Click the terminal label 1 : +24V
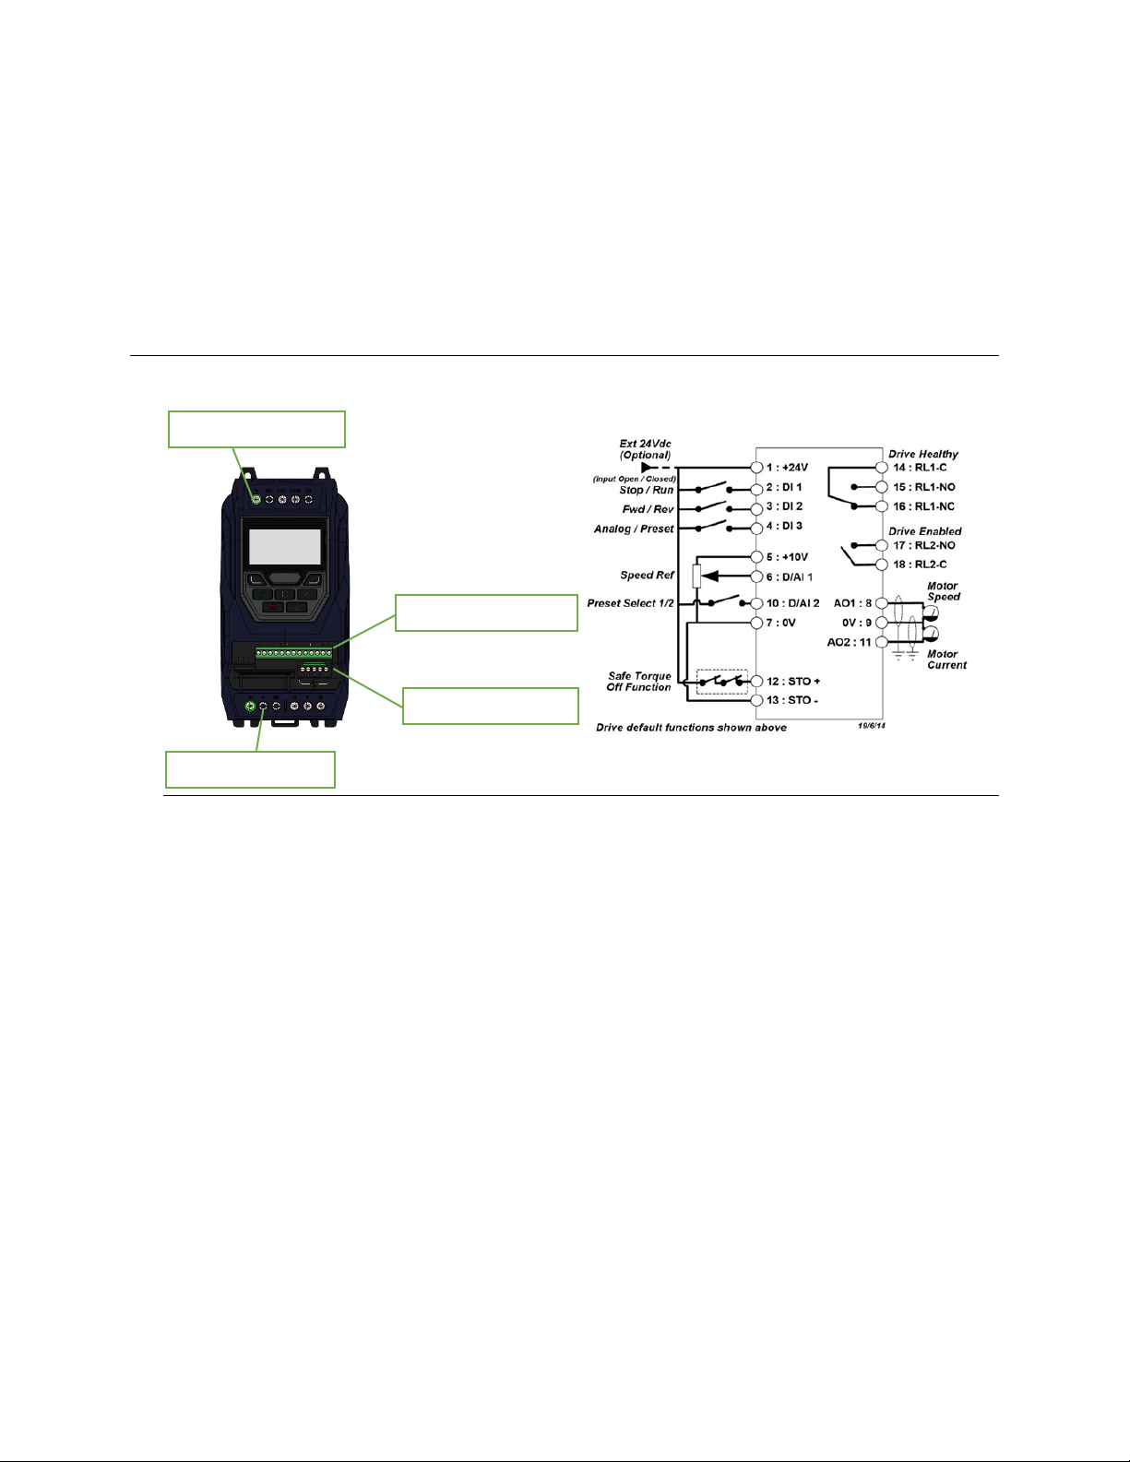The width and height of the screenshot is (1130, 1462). [787, 468]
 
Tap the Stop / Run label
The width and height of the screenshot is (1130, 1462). [647, 490]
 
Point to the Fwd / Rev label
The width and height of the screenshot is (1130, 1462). [648, 509]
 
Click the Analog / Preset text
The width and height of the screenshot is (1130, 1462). [634, 529]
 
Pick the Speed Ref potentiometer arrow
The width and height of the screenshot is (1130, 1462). [711, 576]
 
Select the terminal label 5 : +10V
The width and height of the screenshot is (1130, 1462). [787, 557]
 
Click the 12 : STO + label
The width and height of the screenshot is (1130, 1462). [793, 682]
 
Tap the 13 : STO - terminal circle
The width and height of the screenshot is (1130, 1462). [756, 700]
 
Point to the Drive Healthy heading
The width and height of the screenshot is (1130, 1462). [922, 454]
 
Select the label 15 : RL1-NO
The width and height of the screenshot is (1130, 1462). [924, 487]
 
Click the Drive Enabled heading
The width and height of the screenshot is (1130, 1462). [925, 531]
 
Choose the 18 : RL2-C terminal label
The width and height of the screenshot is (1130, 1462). [921, 565]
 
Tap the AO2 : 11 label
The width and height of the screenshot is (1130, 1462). [849, 643]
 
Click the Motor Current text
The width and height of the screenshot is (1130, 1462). [947, 660]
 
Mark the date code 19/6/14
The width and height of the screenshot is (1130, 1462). [872, 726]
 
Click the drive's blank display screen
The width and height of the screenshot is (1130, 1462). [284, 547]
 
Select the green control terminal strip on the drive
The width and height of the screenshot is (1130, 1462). [293, 653]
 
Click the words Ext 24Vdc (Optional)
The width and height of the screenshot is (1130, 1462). [645, 449]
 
